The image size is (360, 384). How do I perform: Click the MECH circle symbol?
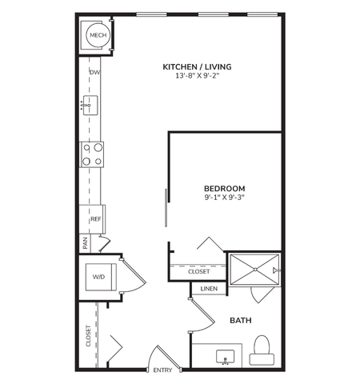(x=98, y=35)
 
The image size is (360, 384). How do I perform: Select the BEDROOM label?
(x=224, y=188)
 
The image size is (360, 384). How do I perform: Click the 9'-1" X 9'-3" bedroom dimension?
(x=224, y=198)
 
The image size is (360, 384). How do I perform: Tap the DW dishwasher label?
(x=94, y=72)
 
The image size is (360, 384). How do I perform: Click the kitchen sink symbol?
(x=90, y=105)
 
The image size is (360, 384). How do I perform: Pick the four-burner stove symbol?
(x=92, y=153)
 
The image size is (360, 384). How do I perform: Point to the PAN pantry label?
(x=84, y=242)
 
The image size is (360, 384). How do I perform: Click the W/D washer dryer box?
(x=99, y=277)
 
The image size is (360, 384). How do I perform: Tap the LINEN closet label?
(x=208, y=289)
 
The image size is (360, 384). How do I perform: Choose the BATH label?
(x=241, y=320)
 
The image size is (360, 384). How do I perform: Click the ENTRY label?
(x=162, y=370)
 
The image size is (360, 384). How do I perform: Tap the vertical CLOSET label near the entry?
(x=88, y=336)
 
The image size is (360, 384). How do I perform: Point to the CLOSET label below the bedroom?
(x=198, y=272)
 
